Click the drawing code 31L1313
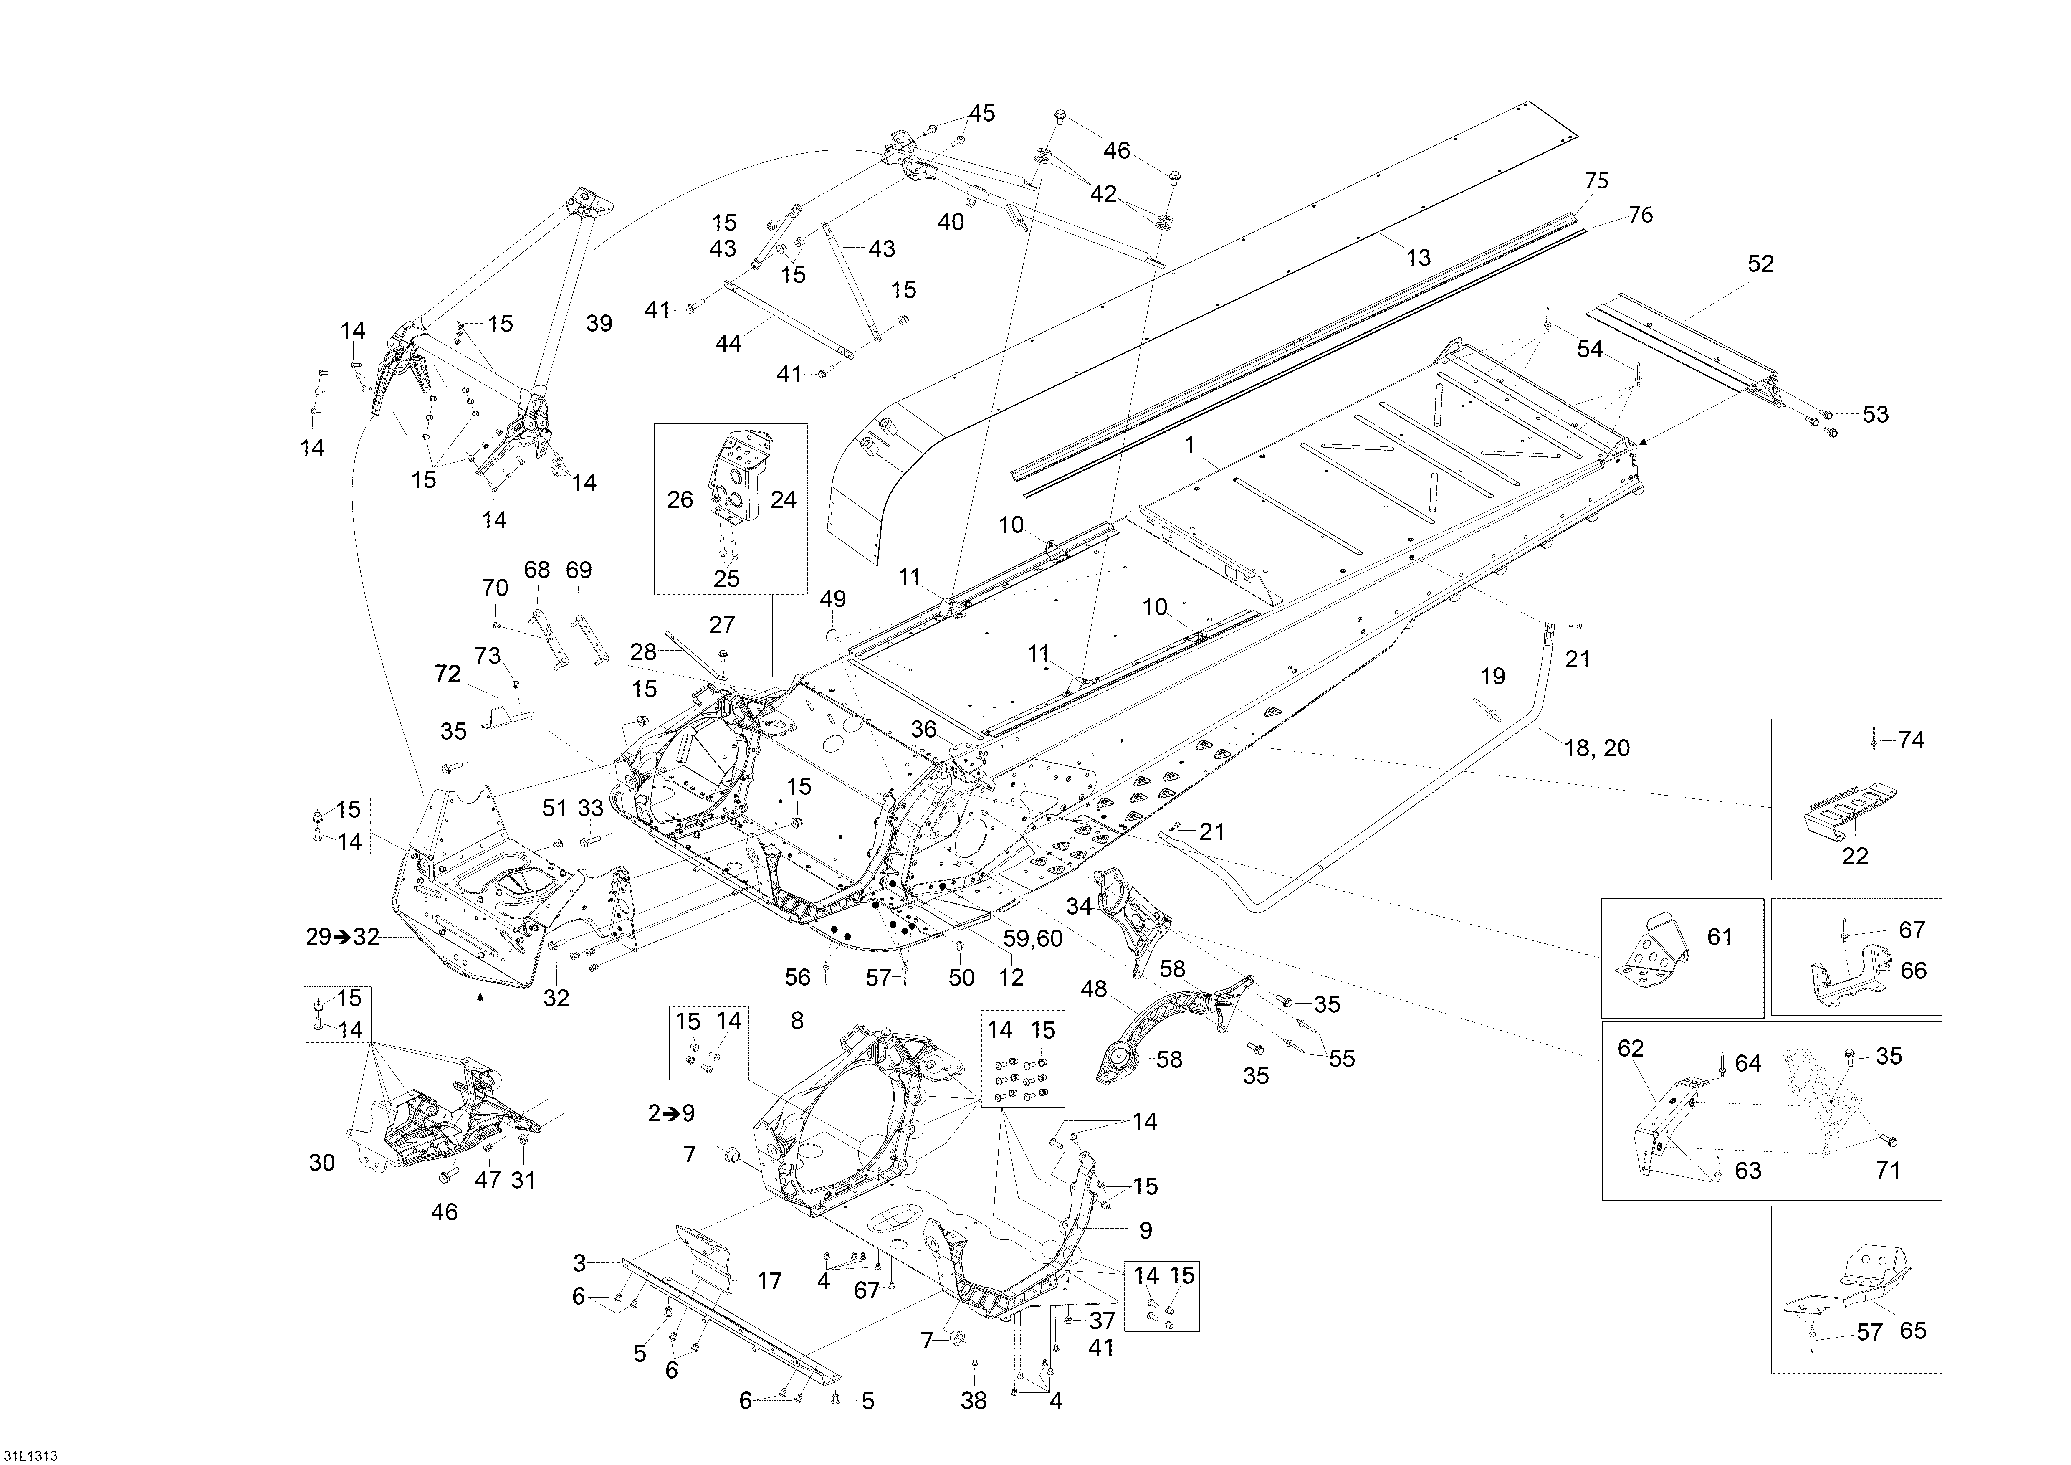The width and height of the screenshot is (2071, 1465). (x=33, y=1455)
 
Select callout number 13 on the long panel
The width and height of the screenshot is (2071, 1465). (x=1418, y=258)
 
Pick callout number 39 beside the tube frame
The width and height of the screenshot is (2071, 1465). (x=599, y=324)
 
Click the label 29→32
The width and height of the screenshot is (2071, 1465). (x=343, y=937)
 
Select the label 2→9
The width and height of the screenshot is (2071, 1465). (x=671, y=1113)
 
